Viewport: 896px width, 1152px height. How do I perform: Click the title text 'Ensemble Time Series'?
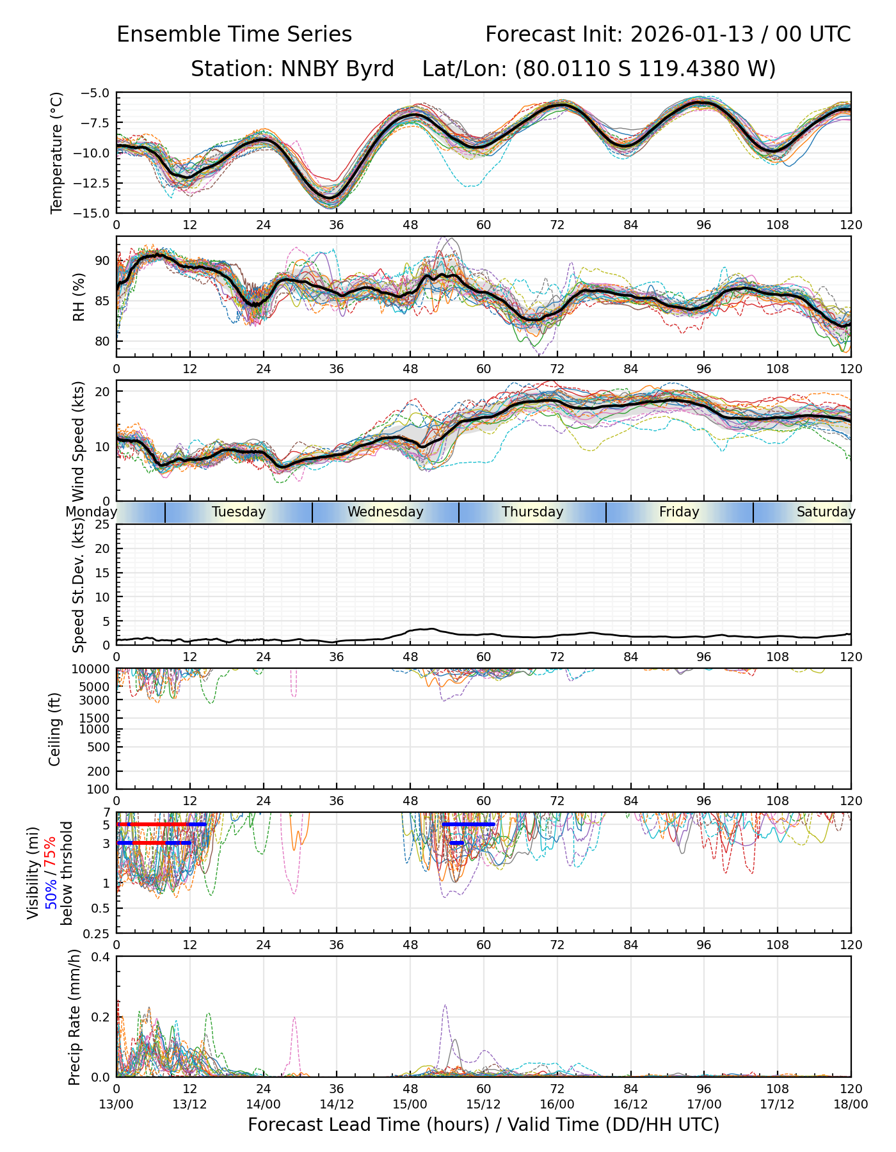coord(234,35)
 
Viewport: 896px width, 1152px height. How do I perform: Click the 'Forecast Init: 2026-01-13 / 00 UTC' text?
coord(668,35)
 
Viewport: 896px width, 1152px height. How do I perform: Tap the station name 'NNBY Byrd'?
coord(337,68)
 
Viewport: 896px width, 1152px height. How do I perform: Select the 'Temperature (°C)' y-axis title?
coord(57,152)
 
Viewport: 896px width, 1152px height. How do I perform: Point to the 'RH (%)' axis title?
coord(79,296)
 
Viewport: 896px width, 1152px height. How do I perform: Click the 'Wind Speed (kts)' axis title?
coord(79,441)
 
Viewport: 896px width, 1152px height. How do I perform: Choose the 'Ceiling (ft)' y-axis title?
coord(55,729)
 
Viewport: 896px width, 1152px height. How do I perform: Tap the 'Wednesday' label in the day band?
coord(385,512)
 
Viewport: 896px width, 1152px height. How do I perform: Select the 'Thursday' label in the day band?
coord(532,512)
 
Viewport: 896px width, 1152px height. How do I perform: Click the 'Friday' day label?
coord(679,512)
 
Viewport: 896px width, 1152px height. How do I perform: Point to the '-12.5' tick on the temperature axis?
coord(95,183)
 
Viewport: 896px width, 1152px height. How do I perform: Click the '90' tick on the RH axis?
coord(102,260)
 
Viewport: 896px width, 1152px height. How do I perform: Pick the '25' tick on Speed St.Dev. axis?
coord(102,525)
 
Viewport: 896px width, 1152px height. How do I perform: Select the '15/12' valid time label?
coord(483,1104)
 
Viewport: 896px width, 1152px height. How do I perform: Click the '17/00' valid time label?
coord(704,1104)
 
